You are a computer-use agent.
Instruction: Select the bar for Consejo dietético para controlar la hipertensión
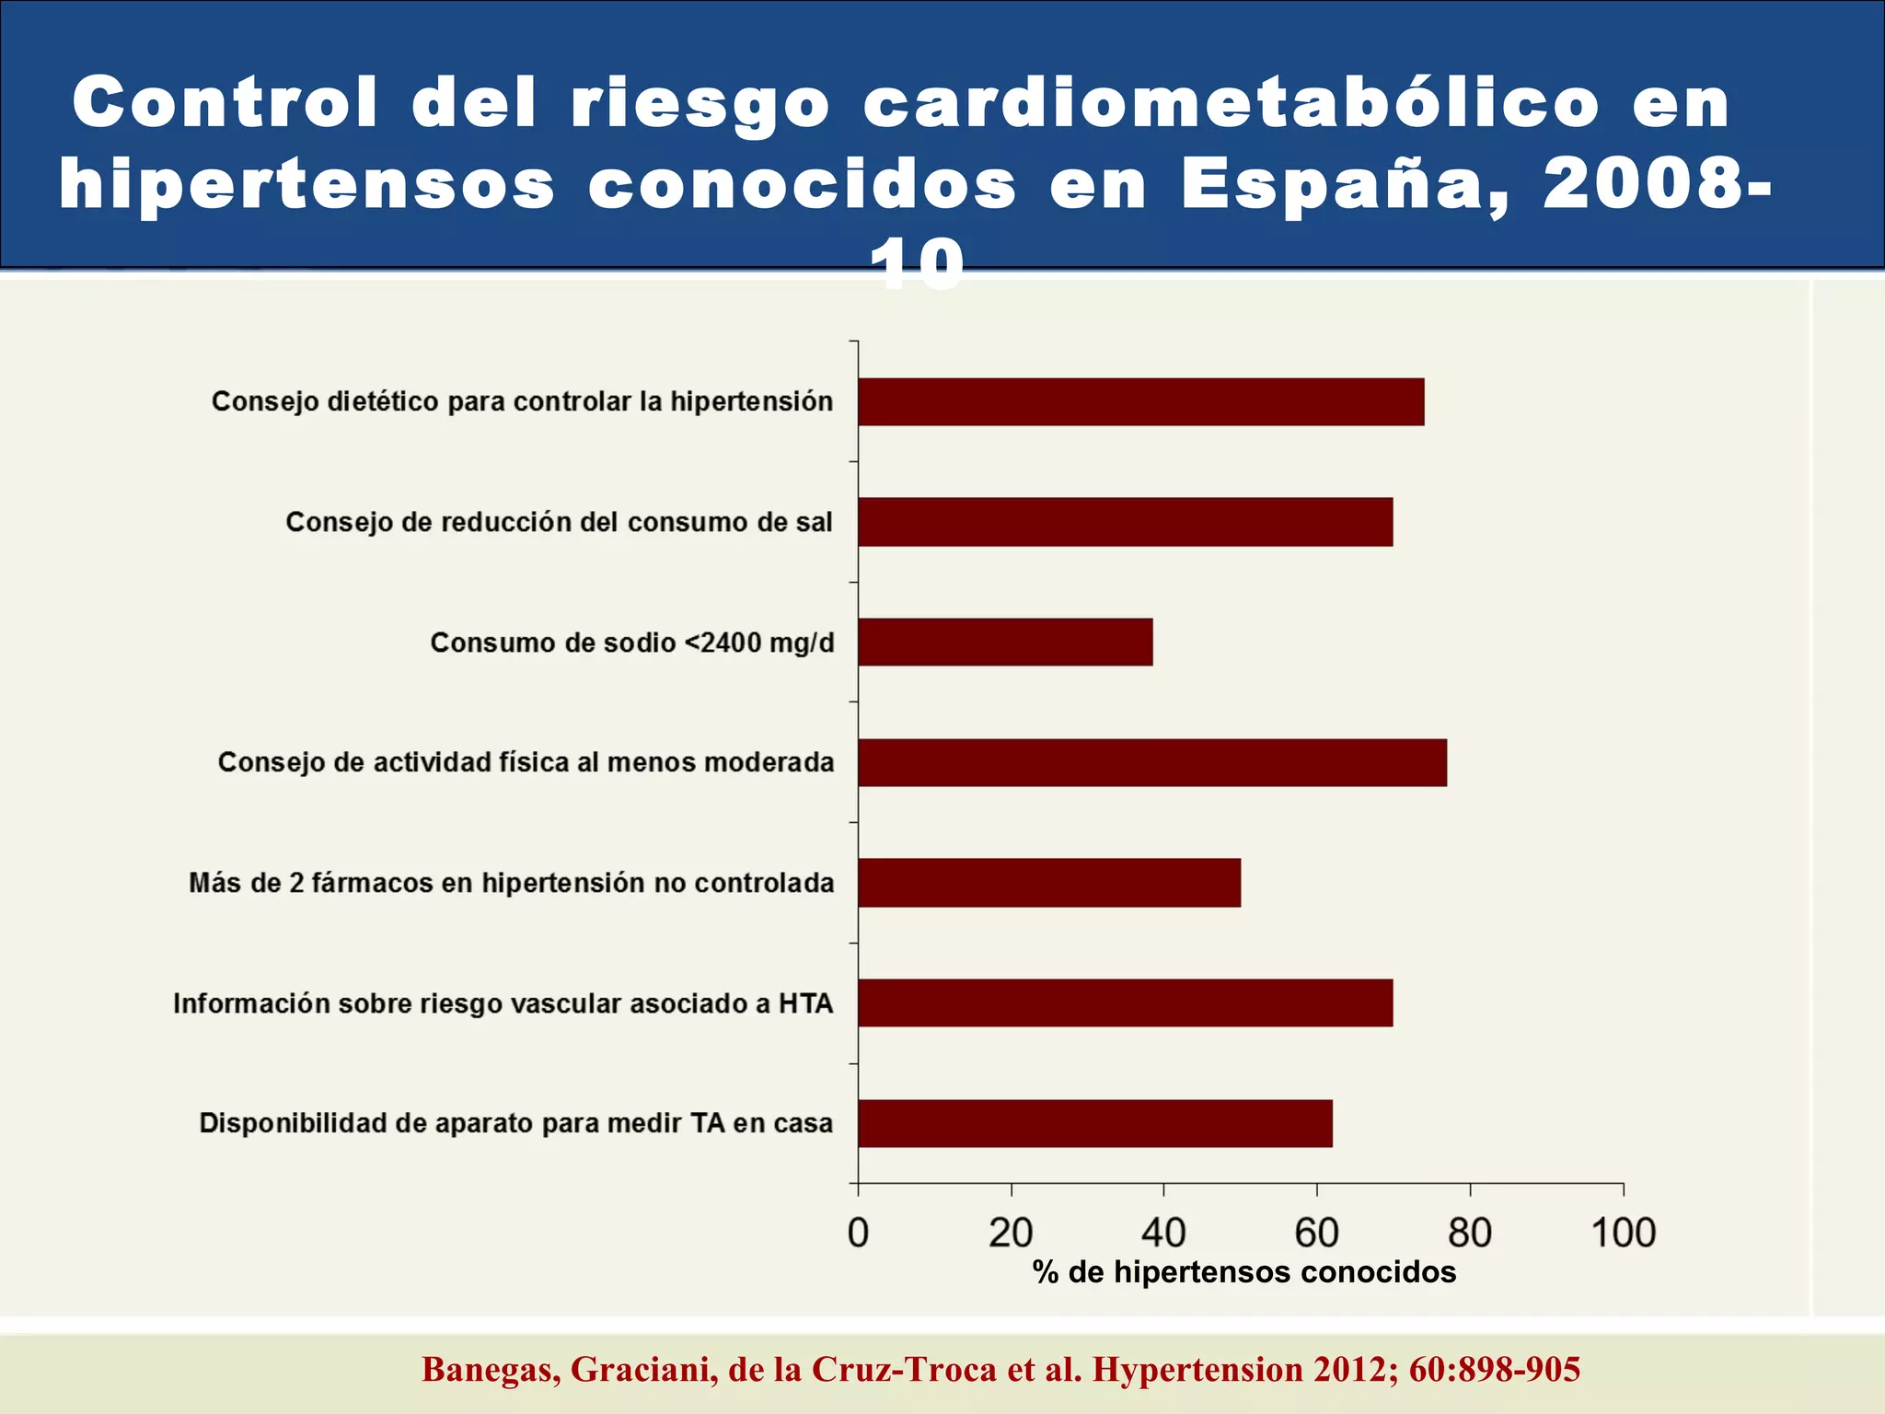(x=1140, y=401)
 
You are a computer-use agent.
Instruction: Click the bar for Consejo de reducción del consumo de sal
(x=1125, y=522)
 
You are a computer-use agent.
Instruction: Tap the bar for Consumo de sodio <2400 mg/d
(x=1005, y=642)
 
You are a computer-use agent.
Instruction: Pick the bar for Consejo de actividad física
(x=1151, y=762)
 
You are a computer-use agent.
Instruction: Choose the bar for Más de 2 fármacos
(x=1049, y=883)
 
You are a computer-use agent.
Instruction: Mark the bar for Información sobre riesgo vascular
(x=1125, y=1003)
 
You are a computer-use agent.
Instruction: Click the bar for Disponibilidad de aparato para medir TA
(x=1094, y=1123)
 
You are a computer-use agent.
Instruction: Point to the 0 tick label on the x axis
(x=858, y=1233)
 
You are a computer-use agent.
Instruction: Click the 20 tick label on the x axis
(x=1011, y=1233)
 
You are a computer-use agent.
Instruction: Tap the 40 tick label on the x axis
(x=1163, y=1233)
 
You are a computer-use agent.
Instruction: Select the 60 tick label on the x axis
(x=1316, y=1233)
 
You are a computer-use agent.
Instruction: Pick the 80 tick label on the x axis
(x=1470, y=1233)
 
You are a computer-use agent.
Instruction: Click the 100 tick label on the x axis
(x=1623, y=1233)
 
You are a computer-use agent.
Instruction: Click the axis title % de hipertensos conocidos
(x=1244, y=1272)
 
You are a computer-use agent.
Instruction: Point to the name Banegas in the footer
(x=491, y=1370)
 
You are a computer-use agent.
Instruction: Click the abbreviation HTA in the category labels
(x=805, y=1003)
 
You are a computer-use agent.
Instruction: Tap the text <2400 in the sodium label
(x=723, y=643)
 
